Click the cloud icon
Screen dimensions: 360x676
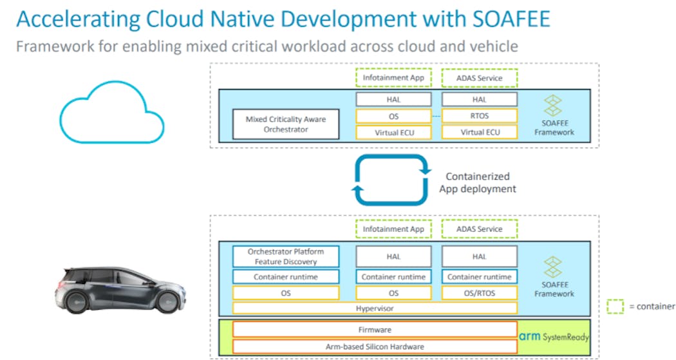pyautogui.click(x=111, y=116)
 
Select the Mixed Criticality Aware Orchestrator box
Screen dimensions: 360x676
pyautogui.click(x=286, y=124)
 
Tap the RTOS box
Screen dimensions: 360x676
pyautogui.click(x=479, y=116)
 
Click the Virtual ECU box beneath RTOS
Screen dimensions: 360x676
pyautogui.click(x=479, y=133)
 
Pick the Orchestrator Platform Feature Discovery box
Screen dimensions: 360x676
pyautogui.click(x=286, y=256)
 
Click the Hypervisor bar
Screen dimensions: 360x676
pyautogui.click(x=375, y=308)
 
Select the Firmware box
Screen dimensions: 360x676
pyautogui.click(x=375, y=330)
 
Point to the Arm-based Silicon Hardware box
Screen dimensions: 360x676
pyautogui.click(x=375, y=346)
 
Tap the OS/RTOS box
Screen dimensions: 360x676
pyautogui.click(x=479, y=293)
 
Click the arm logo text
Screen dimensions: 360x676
pyautogui.click(x=530, y=336)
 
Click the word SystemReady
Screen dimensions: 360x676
pyautogui.click(x=567, y=337)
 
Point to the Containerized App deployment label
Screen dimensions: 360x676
pyautogui.click(x=477, y=182)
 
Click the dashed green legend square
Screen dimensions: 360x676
pyautogui.click(x=615, y=306)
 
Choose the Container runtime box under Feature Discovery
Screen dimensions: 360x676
pyautogui.click(x=286, y=277)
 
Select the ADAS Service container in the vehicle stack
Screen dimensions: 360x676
pyautogui.click(x=479, y=229)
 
